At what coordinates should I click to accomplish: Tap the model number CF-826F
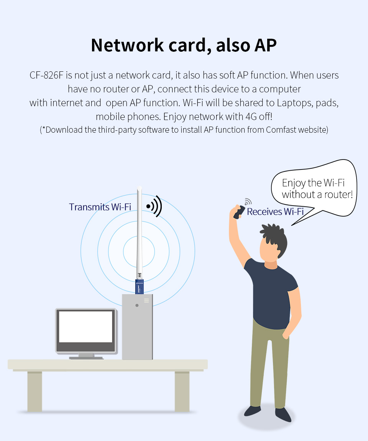(46, 75)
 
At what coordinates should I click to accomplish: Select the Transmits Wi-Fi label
(100, 207)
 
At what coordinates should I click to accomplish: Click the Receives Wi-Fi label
(275, 212)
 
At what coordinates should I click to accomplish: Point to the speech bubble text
(317, 189)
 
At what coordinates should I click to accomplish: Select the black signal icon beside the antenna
(154, 206)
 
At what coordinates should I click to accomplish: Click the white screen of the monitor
(85, 326)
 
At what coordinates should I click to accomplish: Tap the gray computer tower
(137, 330)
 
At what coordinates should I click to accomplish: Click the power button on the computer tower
(137, 306)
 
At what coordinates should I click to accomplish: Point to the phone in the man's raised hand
(240, 212)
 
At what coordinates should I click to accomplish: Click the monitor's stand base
(86, 357)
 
